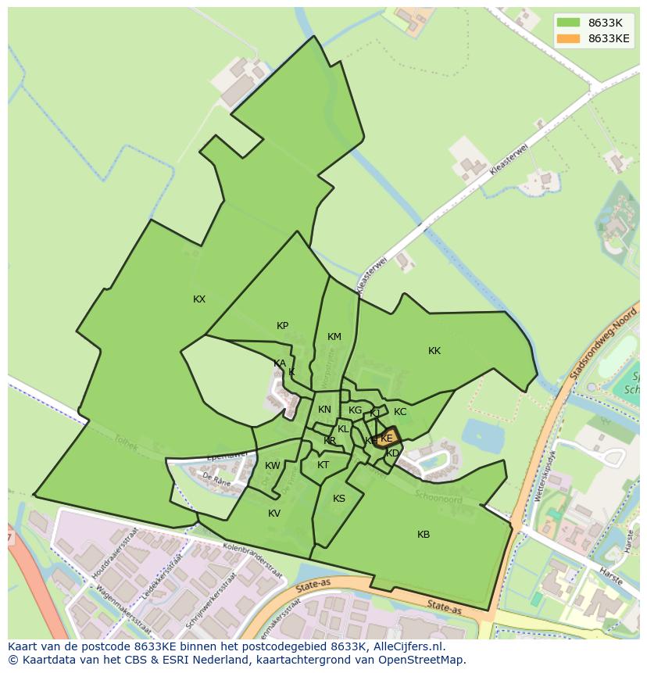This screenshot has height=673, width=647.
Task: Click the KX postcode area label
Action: click(x=199, y=299)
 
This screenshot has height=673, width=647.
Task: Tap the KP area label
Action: click(x=282, y=326)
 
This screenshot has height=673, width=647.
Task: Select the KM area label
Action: click(x=334, y=337)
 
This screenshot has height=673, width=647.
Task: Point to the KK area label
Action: click(x=434, y=351)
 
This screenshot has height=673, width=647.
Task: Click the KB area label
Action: click(x=424, y=535)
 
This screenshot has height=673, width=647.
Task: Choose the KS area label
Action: click(x=339, y=499)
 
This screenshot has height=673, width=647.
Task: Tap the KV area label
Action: click(x=274, y=514)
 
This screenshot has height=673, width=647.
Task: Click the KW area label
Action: click(x=272, y=466)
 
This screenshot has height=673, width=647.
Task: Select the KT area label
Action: click(x=323, y=465)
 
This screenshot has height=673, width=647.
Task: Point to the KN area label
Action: click(x=324, y=410)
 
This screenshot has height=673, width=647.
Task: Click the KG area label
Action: click(x=356, y=410)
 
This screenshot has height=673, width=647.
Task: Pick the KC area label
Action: click(x=400, y=412)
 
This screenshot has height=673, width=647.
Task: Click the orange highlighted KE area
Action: click(x=386, y=438)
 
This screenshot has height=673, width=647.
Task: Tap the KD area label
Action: click(x=393, y=453)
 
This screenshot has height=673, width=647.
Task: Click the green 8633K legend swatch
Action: click(x=568, y=23)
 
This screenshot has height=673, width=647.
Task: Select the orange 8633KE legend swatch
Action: click(x=568, y=38)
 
